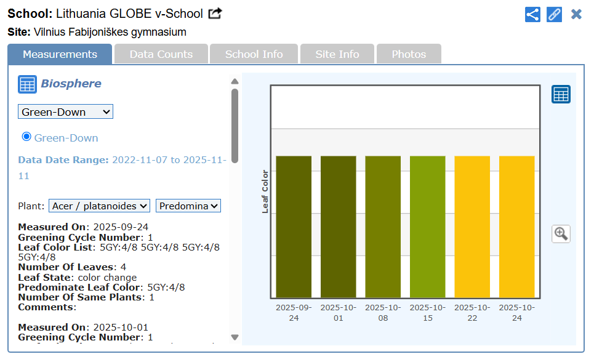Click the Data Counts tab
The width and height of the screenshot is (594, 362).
click(161, 54)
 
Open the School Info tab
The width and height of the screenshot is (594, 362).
click(254, 54)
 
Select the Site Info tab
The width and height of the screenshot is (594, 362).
click(337, 54)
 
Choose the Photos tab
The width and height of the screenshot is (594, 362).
click(409, 54)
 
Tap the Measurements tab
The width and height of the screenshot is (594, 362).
click(60, 54)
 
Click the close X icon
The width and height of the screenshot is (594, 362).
click(576, 14)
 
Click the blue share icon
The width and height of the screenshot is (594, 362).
click(532, 14)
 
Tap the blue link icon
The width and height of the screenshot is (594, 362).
click(555, 14)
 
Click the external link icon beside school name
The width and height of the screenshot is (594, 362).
click(215, 14)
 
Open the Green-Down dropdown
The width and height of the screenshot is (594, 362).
click(65, 111)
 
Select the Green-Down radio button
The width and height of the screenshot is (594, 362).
click(26, 137)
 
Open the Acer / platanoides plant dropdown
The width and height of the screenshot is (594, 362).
click(100, 206)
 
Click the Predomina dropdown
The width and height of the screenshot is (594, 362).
click(188, 206)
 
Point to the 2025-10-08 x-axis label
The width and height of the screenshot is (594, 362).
click(383, 312)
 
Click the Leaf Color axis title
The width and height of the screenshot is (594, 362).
click(265, 191)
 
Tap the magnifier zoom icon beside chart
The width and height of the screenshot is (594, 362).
click(561, 233)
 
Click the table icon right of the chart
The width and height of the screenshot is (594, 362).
click(561, 94)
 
